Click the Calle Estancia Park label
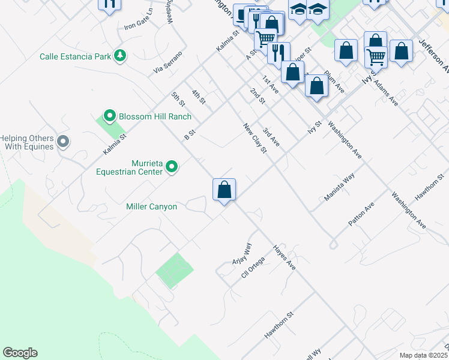(74, 56)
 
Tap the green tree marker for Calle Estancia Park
(121, 56)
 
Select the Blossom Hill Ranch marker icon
(109, 116)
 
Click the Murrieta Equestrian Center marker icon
(172, 166)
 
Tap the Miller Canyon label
(151, 206)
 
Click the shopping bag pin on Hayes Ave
(224, 190)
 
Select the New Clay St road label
(255, 137)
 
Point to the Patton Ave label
(361, 214)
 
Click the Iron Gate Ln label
(138, 20)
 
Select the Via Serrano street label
(167, 62)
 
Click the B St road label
(189, 132)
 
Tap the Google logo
(20, 353)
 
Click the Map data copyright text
(423, 355)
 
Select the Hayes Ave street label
(285, 257)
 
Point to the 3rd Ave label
(271, 137)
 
